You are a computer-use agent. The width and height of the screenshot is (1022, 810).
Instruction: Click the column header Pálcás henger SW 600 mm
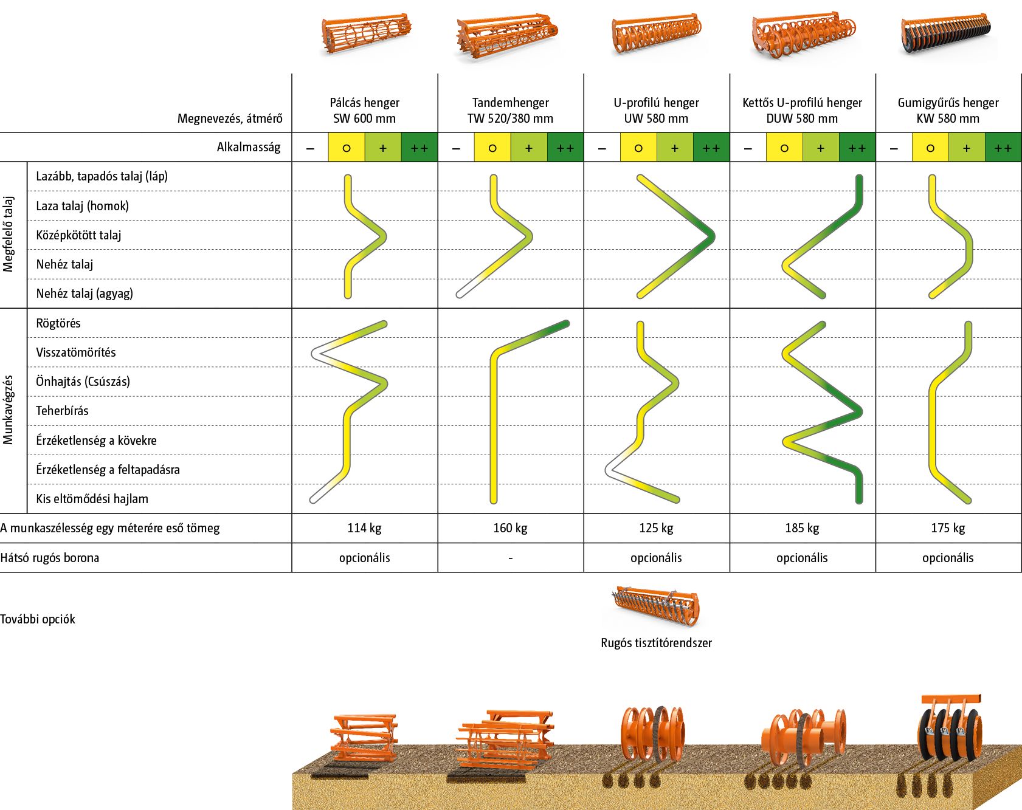(x=364, y=110)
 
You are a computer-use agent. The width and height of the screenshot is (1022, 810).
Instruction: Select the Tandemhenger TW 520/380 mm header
(x=510, y=110)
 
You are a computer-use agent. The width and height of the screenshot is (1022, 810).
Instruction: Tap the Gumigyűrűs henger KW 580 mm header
(x=948, y=110)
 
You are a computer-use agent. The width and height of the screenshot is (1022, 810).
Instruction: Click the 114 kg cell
(x=364, y=528)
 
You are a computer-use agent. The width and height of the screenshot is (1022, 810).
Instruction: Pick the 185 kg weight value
(x=802, y=528)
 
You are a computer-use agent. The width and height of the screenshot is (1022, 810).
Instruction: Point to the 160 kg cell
(x=510, y=528)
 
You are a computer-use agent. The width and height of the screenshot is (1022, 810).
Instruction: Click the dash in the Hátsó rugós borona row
(x=510, y=558)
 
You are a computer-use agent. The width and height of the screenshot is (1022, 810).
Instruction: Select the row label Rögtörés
(x=58, y=323)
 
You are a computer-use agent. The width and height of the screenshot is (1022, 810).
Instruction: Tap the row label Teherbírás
(x=62, y=411)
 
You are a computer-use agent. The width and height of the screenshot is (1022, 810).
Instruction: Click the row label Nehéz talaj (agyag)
(x=85, y=293)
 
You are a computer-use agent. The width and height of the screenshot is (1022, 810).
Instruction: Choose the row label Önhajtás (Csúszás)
(x=83, y=382)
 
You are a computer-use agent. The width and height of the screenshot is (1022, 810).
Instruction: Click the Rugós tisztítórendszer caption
(x=656, y=643)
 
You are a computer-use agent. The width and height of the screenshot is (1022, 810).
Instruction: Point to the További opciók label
(x=38, y=619)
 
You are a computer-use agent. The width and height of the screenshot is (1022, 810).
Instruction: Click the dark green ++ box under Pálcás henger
(x=419, y=148)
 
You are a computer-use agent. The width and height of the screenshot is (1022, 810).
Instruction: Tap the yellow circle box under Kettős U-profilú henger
(x=784, y=148)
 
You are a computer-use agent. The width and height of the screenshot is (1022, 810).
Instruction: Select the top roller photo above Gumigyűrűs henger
(x=948, y=38)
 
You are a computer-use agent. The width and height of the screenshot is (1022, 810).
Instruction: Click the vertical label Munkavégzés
(x=9, y=410)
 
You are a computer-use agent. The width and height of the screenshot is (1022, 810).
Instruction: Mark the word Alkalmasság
(x=249, y=147)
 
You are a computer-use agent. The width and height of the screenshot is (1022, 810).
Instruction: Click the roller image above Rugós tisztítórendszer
(x=656, y=608)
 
